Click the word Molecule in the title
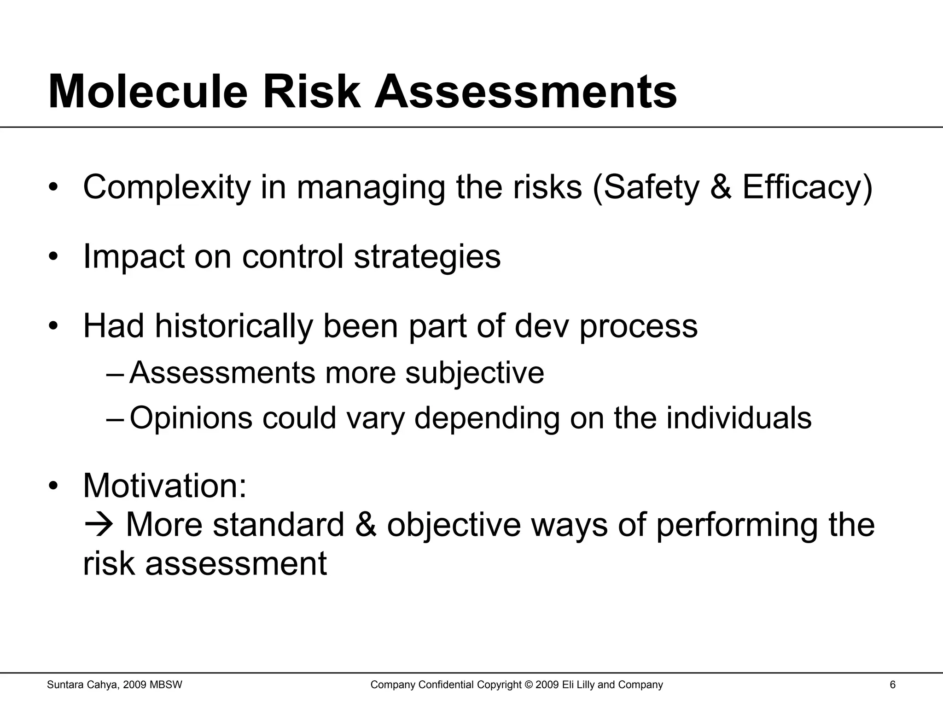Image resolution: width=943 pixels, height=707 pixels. (148, 92)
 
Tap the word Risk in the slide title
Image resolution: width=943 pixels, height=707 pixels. (311, 92)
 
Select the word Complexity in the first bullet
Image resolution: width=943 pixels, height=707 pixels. (167, 187)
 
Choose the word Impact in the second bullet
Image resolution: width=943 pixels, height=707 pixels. (134, 256)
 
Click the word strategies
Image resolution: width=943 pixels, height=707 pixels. (427, 256)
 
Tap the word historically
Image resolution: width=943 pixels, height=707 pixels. (233, 326)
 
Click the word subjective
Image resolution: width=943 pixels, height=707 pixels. (474, 373)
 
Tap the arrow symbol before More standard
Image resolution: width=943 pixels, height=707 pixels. (99, 525)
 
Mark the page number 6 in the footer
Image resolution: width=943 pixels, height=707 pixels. (893, 685)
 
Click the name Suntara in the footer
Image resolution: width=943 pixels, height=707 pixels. (64, 685)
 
